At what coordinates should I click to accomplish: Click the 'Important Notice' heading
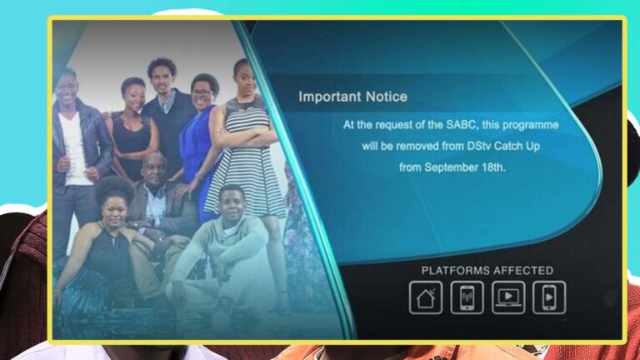[x=352, y=97]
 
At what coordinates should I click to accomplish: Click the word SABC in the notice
[x=461, y=124]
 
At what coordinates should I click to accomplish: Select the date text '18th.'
[x=494, y=167]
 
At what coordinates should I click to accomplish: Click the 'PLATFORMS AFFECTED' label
[x=487, y=271]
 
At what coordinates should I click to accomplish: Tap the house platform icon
[x=426, y=297]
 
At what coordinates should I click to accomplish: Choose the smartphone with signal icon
[x=467, y=297]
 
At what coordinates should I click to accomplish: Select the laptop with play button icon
[x=508, y=297]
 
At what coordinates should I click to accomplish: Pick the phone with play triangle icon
[x=549, y=297]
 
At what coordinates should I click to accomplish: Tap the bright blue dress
[x=197, y=151]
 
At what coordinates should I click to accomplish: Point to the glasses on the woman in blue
[x=202, y=93]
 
